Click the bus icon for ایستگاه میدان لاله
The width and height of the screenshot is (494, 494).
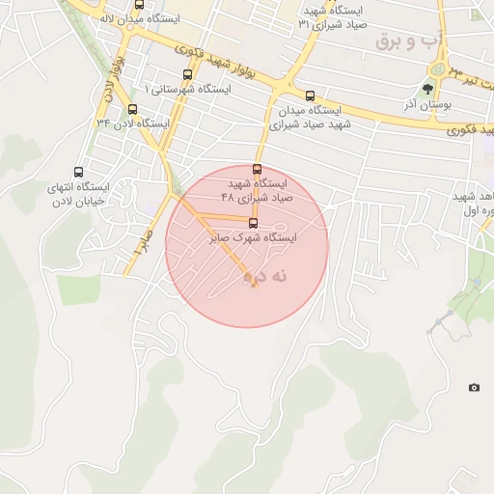coord(139,5)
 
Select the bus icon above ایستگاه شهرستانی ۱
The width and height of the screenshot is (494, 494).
coord(186,74)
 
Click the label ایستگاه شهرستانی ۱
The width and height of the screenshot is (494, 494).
coord(187,89)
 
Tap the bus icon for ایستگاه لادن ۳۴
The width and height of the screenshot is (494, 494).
coord(132,108)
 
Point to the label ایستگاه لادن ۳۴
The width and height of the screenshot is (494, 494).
coord(133,123)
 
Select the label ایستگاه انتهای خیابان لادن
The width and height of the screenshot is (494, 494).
coord(78,194)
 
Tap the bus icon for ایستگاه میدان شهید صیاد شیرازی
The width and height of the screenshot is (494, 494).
coord(310,96)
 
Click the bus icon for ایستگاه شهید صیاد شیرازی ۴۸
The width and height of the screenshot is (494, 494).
coord(257,169)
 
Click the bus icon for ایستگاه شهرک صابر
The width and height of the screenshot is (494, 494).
coord(254,223)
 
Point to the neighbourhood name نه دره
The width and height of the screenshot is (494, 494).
coord(266,276)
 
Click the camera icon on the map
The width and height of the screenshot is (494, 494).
coord(474,387)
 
